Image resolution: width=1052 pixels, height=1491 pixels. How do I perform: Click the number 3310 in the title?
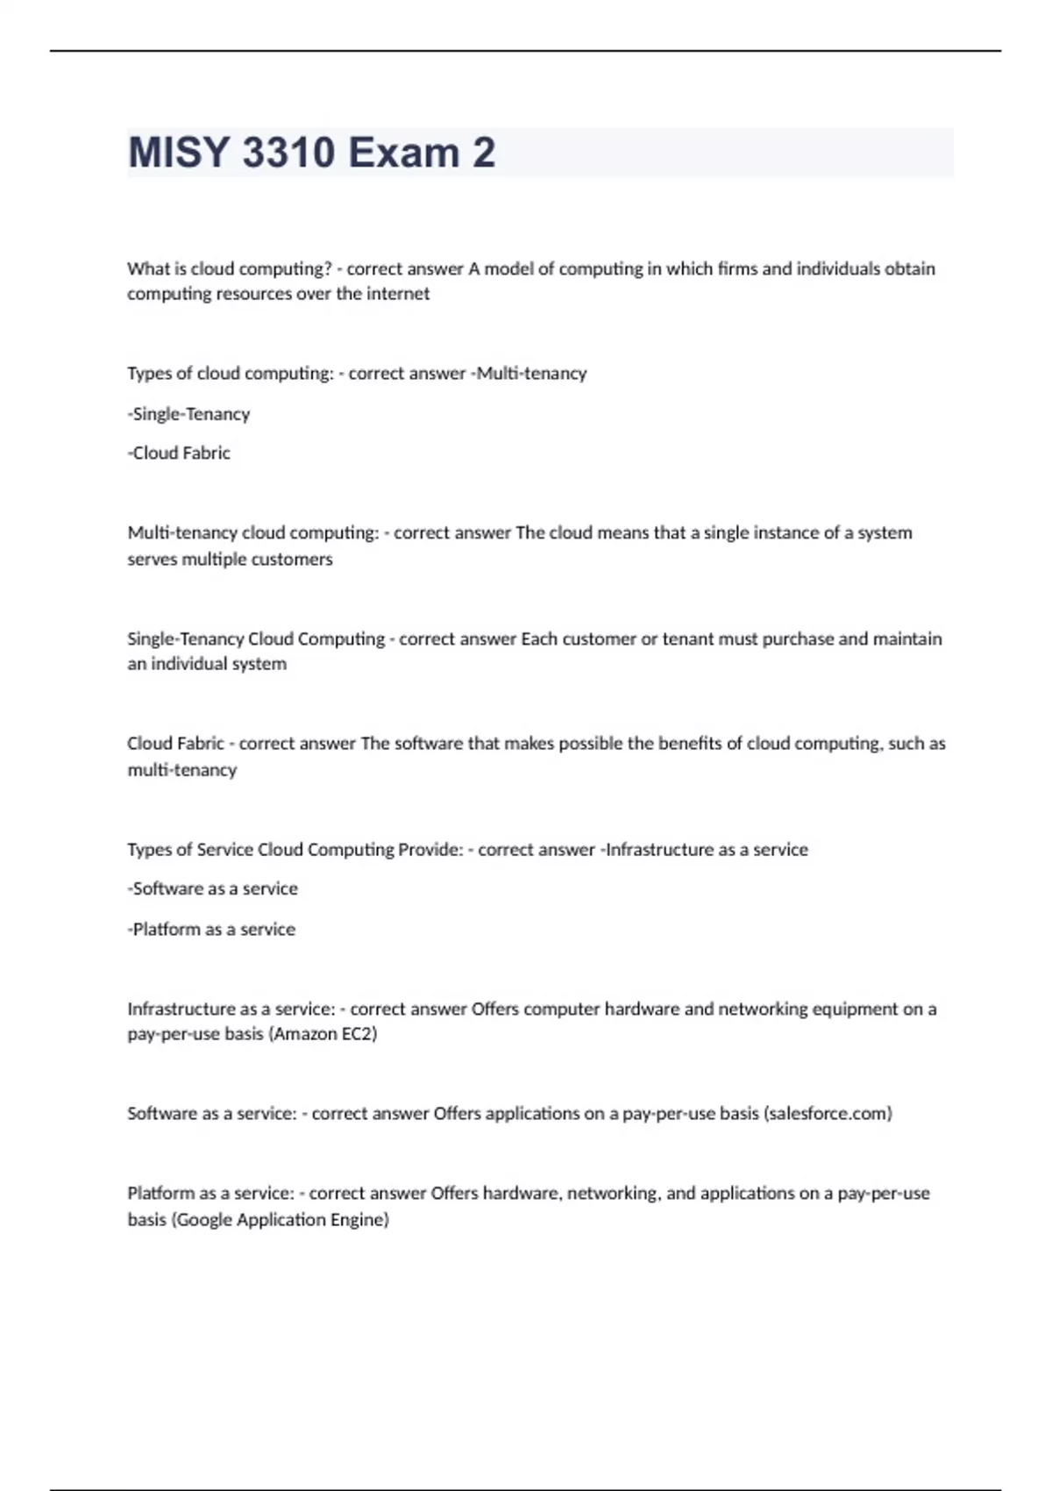coord(288,153)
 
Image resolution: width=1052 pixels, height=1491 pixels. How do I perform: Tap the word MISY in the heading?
coord(179,153)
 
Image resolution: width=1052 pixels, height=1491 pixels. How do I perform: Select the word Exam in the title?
coord(404,153)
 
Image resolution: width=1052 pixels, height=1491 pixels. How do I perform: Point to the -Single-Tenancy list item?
coord(188,414)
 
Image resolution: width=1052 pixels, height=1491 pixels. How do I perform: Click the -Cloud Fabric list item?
coord(179,453)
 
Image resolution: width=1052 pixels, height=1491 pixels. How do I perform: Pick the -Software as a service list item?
coord(212,888)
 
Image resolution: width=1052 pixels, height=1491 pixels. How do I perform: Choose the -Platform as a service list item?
coord(211,929)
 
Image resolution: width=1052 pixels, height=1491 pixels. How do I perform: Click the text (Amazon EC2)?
coord(324,1034)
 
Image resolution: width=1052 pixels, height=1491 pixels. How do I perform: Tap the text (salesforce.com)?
coord(828,1114)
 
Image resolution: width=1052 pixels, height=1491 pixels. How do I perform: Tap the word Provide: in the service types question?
coord(430,849)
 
